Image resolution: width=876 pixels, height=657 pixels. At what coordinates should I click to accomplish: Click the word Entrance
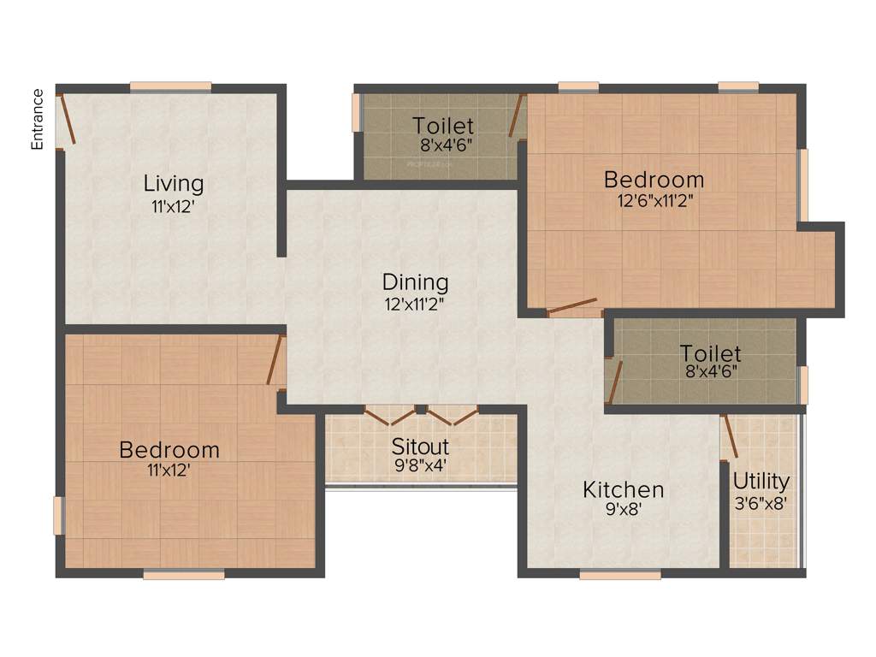[x=37, y=119]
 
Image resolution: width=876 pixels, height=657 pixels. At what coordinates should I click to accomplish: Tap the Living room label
[x=174, y=183]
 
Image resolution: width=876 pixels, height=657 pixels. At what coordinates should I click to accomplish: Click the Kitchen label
[x=624, y=489]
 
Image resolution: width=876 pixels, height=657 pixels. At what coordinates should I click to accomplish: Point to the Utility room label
[x=761, y=481]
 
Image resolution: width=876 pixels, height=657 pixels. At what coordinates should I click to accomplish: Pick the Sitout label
[x=420, y=447]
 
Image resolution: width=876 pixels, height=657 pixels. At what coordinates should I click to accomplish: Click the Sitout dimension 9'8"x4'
[x=420, y=466]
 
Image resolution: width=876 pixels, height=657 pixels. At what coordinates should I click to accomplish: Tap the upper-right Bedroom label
[x=654, y=180]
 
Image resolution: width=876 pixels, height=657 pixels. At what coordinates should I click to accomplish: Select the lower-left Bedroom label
[x=169, y=449]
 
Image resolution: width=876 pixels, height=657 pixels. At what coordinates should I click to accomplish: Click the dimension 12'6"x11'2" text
[x=654, y=200]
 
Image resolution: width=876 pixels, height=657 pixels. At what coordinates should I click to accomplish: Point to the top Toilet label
[x=443, y=127]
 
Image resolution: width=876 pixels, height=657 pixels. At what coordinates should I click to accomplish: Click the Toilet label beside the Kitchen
[x=711, y=352]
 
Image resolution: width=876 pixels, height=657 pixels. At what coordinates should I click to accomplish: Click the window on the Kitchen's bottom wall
[x=620, y=576]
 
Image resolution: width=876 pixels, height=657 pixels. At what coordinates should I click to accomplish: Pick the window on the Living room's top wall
[x=171, y=86]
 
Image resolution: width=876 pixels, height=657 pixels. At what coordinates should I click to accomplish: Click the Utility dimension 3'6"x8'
[x=761, y=502]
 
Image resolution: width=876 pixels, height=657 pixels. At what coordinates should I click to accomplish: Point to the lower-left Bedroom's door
[x=275, y=360]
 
